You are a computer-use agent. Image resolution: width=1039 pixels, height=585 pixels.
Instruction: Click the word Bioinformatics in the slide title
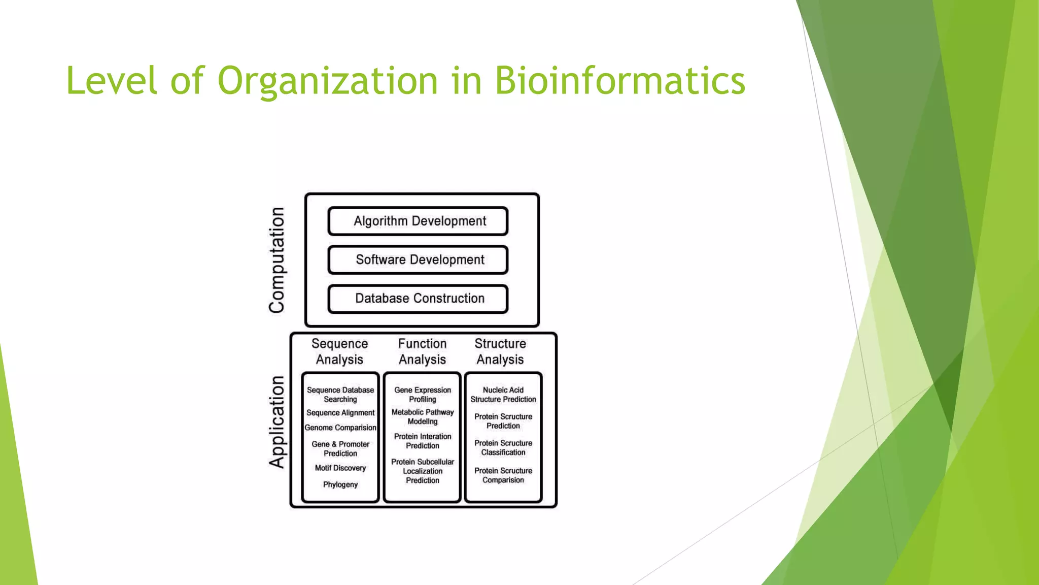pyautogui.click(x=619, y=81)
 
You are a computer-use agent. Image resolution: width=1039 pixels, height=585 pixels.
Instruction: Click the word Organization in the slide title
pyautogui.click(x=327, y=82)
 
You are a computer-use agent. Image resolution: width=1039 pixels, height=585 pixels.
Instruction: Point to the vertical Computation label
pyautogui.click(x=277, y=260)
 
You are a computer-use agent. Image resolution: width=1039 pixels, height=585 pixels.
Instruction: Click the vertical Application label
pyautogui.click(x=277, y=421)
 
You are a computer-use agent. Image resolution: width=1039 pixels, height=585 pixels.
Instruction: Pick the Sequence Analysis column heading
pyautogui.click(x=339, y=351)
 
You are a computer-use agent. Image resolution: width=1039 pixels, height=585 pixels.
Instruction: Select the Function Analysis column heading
pyautogui.click(x=422, y=351)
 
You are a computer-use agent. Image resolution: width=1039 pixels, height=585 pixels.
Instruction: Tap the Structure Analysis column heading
pyautogui.click(x=500, y=351)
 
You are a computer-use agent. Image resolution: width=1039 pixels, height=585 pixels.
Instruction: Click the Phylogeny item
pyautogui.click(x=340, y=484)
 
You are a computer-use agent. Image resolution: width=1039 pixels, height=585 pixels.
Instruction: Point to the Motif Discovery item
pyautogui.click(x=340, y=468)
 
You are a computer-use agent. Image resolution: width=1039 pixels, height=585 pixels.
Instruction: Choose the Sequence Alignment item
pyautogui.click(x=340, y=413)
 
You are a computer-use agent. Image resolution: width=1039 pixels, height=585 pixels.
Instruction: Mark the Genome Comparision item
pyautogui.click(x=340, y=428)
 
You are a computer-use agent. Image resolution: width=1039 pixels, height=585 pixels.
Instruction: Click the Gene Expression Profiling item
pyautogui.click(x=423, y=395)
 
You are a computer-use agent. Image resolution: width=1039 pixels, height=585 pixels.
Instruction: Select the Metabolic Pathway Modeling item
pyautogui.click(x=423, y=417)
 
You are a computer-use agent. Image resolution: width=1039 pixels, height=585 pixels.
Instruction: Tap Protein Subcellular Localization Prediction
pyautogui.click(x=423, y=471)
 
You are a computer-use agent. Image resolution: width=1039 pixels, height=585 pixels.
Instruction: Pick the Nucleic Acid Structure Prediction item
pyautogui.click(x=503, y=395)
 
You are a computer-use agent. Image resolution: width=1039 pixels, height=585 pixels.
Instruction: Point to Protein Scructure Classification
pyautogui.click(x=503, y=447)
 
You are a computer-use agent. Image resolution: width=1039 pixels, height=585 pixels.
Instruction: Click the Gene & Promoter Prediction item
pyautogui.click(x=340, y=448)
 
